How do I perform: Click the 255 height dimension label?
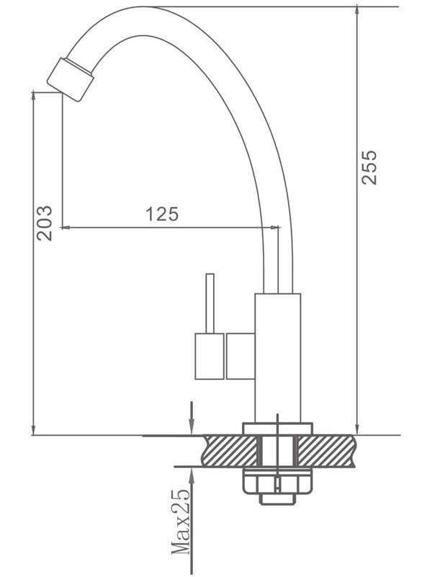(369, 167)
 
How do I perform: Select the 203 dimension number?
(45, 223)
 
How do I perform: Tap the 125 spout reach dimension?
(162, 214)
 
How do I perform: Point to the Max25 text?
(181, 522)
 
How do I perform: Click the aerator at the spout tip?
(71, 78)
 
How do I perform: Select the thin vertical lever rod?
(210, 303)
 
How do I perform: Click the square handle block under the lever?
(210, 356)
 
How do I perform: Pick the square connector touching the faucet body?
(240, 356)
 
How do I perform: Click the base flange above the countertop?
(277, 428)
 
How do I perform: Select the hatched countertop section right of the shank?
(328, 451)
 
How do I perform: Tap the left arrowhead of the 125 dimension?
(66, 228)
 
